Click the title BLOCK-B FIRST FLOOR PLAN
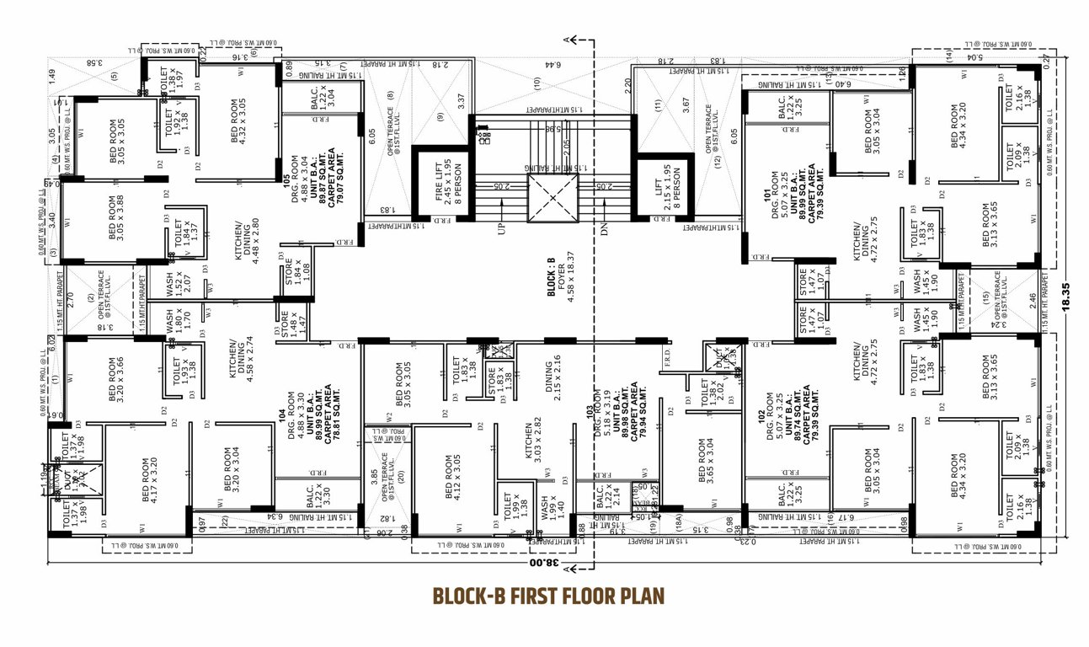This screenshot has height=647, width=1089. coord(548,596)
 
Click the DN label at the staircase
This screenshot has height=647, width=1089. coord(604,228)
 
